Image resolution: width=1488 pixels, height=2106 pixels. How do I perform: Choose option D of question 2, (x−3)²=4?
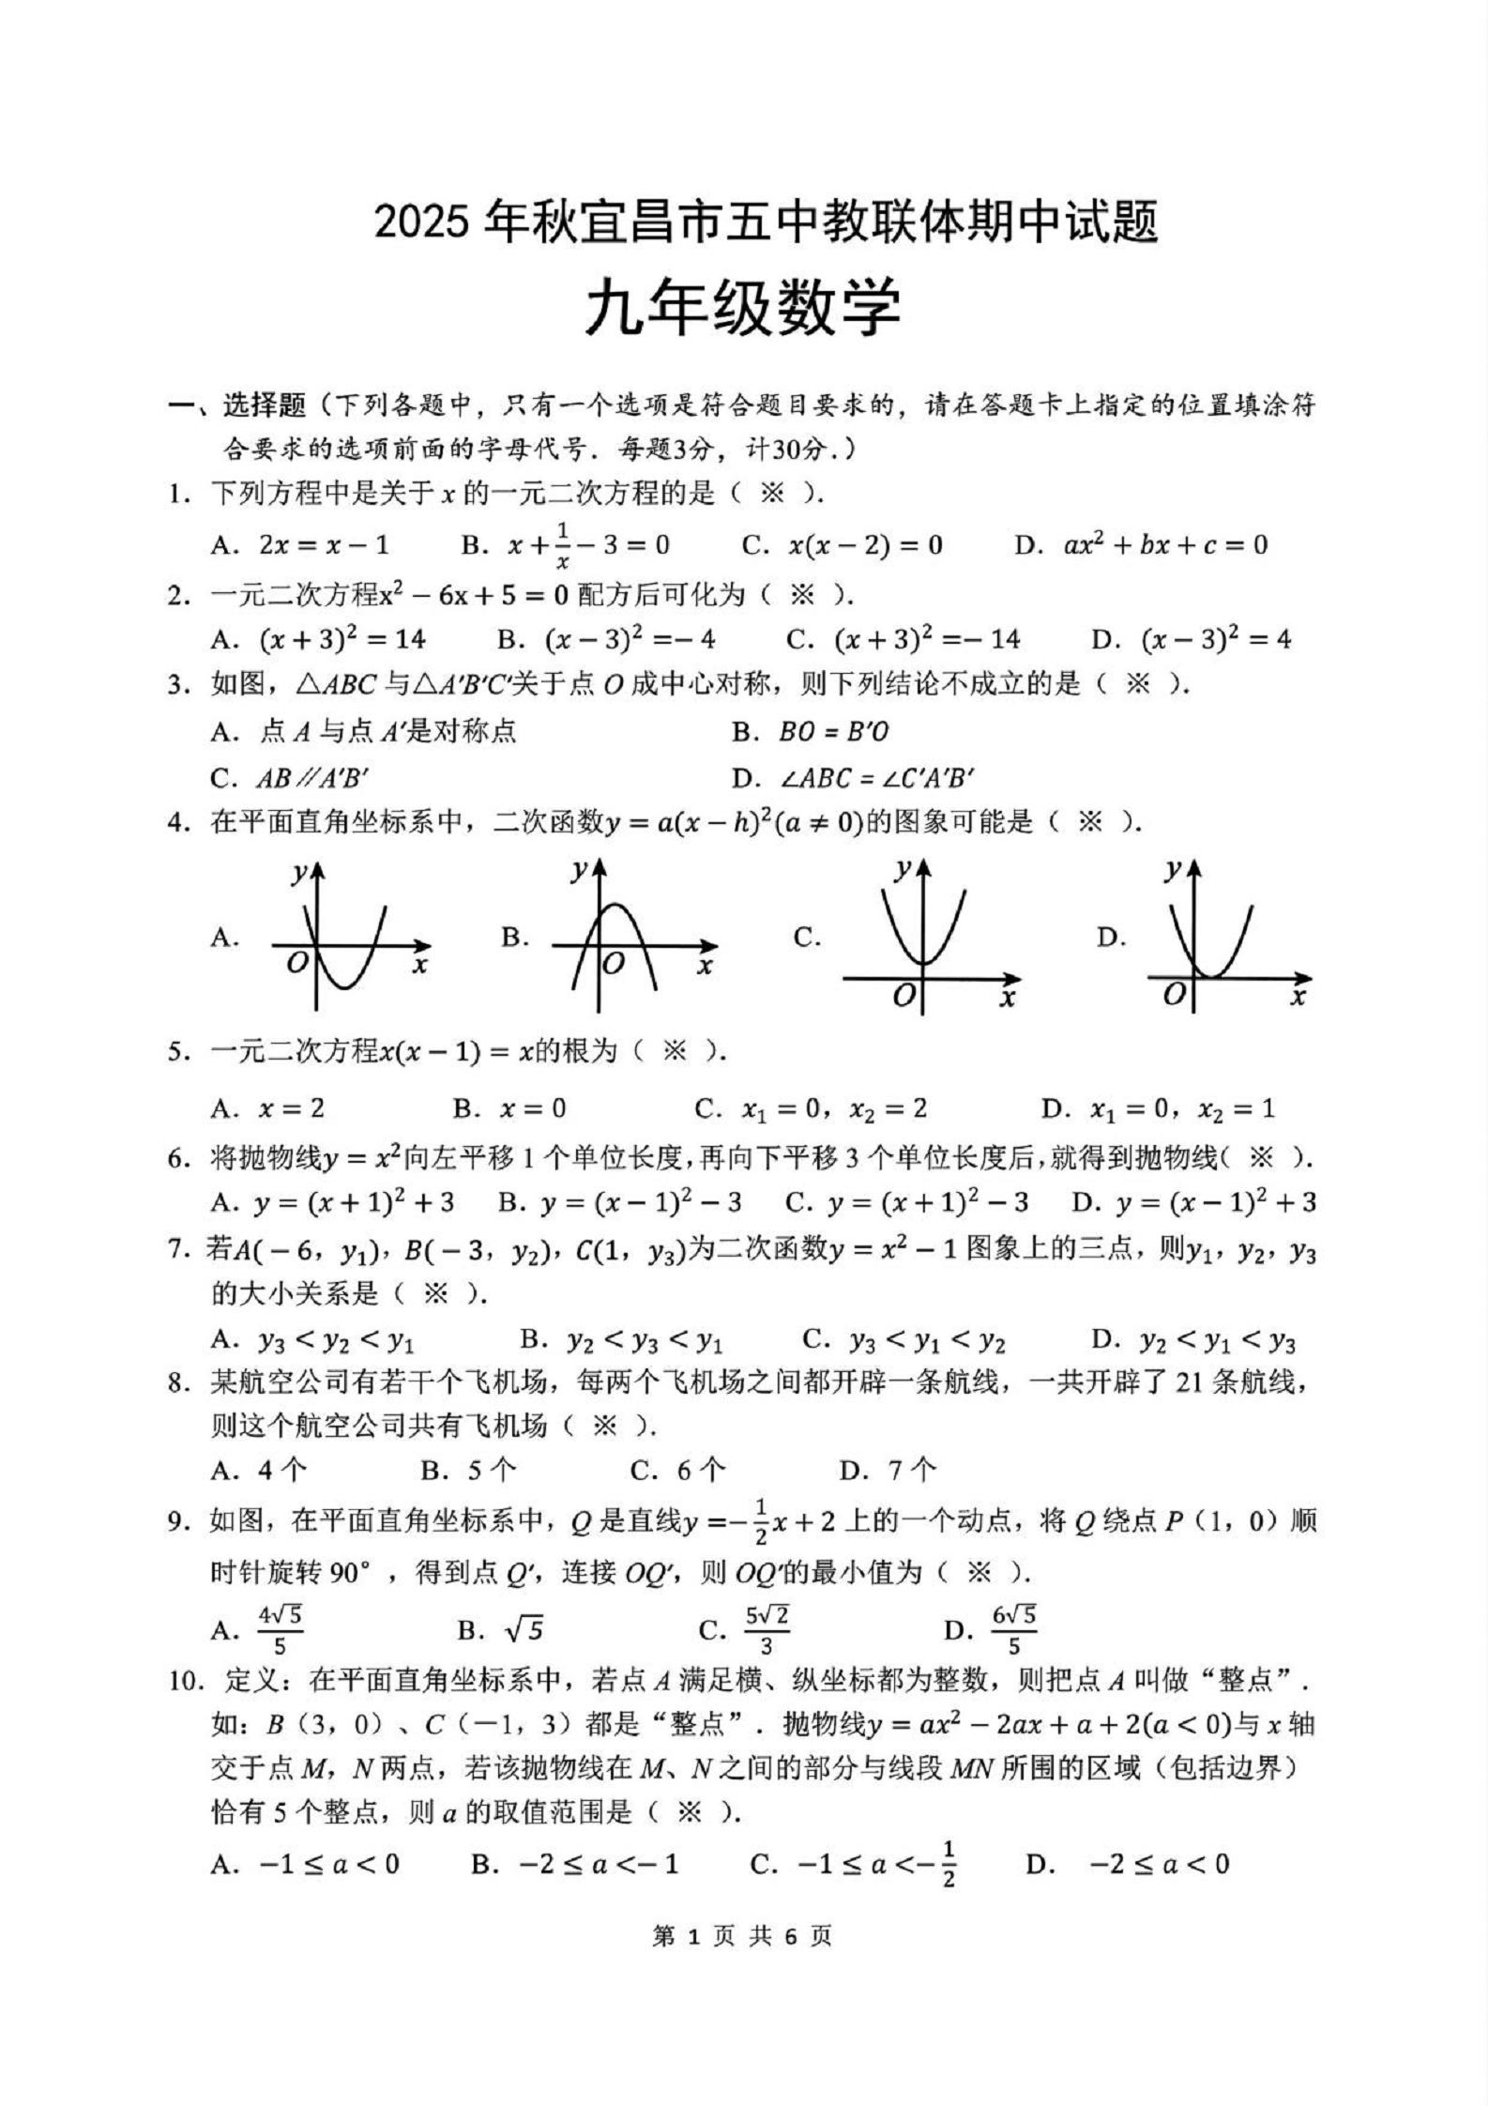pos(1215,640)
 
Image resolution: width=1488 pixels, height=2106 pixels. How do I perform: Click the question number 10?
pos(186,1681)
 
